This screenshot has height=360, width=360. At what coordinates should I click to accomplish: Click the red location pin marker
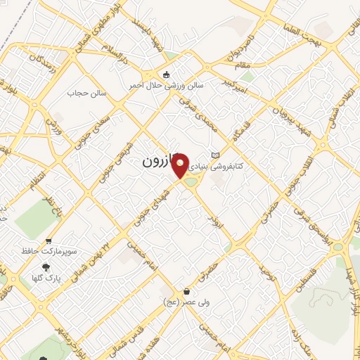point(181,166)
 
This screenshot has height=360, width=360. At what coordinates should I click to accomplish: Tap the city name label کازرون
point(158,161)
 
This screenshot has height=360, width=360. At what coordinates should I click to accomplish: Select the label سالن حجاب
point(86,93)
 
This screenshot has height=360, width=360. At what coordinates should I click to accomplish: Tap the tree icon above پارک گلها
point(46,267)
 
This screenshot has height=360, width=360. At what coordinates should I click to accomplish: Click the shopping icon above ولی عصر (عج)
point(187,291)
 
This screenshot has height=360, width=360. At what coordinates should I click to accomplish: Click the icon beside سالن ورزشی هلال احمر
point(166,75)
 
